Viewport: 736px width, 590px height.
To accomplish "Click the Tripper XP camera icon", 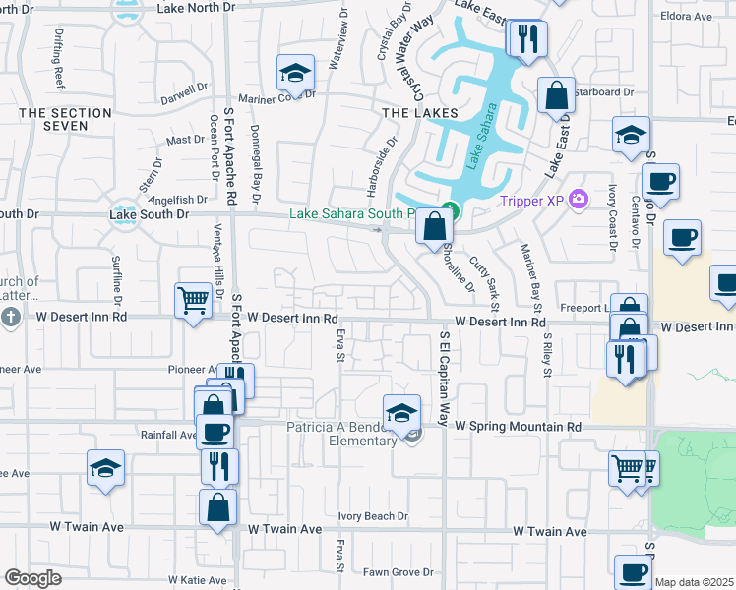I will point(578,200).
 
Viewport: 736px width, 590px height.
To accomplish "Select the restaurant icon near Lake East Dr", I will point(527,38).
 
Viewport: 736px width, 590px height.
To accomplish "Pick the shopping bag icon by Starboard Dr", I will point(556,95).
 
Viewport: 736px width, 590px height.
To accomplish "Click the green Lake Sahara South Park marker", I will point(449,208).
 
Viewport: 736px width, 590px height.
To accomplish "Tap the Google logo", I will point(33,578).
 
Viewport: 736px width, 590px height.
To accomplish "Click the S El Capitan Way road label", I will point(444,375).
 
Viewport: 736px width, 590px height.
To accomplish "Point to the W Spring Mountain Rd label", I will point(518,427).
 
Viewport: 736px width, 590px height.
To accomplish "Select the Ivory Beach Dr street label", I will point(373,516).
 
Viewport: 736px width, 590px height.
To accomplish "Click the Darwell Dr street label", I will point(186,99).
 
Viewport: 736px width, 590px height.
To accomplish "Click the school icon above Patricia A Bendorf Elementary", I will point(401,413).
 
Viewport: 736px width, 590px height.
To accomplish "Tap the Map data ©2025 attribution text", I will point(695,582).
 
